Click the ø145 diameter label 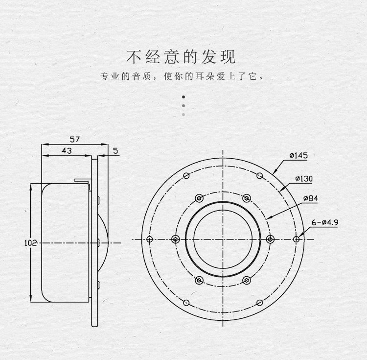click(298, 156)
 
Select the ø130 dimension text click(304, 179)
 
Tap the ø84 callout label click(311, 198)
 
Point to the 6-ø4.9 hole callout click(325, 222)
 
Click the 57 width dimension click(75, 140)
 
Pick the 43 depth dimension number click(67, 150)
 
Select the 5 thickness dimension click(115, 151)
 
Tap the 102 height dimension click(30, 243)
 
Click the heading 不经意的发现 click(181, 57)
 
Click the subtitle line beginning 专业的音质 click(182, 76)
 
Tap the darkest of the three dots click(183, 96)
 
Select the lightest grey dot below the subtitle click(183, 115)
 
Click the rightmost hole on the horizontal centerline click(296, 239)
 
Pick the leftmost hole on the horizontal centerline click(150, 239)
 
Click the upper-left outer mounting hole click(186, 175)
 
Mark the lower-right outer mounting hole click(259, 303)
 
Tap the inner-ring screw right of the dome click(270, 239)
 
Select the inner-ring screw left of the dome click(175, 239)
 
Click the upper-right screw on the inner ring click(247, 198)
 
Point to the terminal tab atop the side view click(82, 182)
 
